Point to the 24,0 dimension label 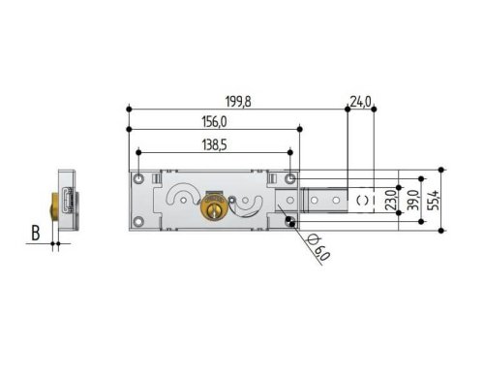[x=361, y=101]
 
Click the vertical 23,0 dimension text [x=390, y=202]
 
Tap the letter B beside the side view [x=35, y=233]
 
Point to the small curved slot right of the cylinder [x=248, y=204]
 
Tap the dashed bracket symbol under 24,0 [x=362, y=200]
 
